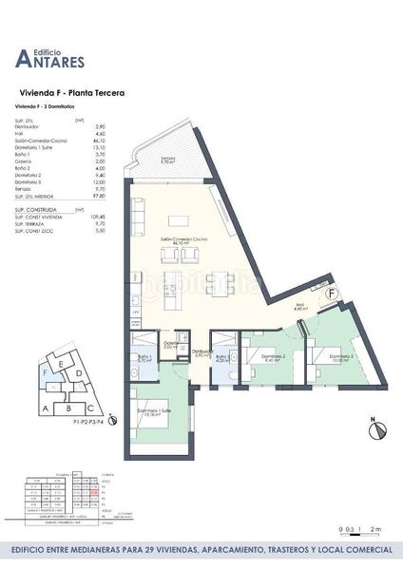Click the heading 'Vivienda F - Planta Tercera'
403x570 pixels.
coord(72,93)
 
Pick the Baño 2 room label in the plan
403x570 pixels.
coord(221,358)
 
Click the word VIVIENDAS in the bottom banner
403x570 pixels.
coord(181,550)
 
